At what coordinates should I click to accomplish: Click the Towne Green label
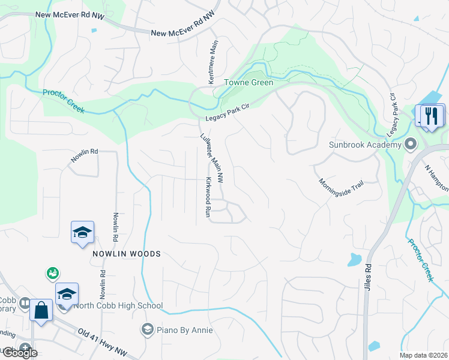click(249, 83)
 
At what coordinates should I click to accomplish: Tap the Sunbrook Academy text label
click(364, 145)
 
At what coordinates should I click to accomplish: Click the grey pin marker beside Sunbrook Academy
click(411, 144)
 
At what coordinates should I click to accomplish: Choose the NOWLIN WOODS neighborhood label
click(127, 254)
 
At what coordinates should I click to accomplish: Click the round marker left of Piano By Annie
click(147, 329)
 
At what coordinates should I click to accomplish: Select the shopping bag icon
click(41, 311)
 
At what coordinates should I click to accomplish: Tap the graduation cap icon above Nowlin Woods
click(82, 232)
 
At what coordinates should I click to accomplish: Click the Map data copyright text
click(423, 355)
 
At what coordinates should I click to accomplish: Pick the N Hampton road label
click(436, 178)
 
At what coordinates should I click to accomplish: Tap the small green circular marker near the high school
click(53, 274)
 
